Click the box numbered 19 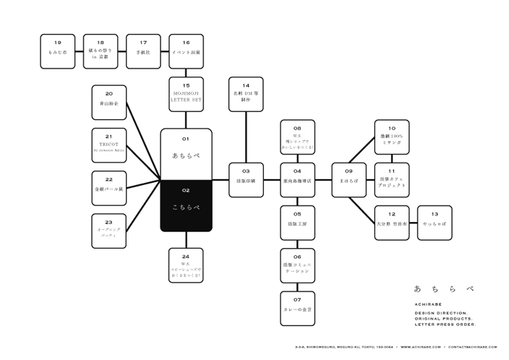[58, 51]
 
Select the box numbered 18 [100, 51]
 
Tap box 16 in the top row [186, 51]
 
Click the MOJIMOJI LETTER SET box [186, 95]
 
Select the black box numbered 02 [186, 205]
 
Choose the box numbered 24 [186, 265]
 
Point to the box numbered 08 [297, 136]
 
